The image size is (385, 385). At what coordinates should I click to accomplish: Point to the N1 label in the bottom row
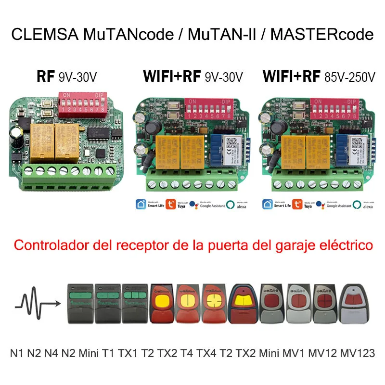pos(17,353)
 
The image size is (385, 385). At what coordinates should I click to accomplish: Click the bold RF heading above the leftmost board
pos(46,77)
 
